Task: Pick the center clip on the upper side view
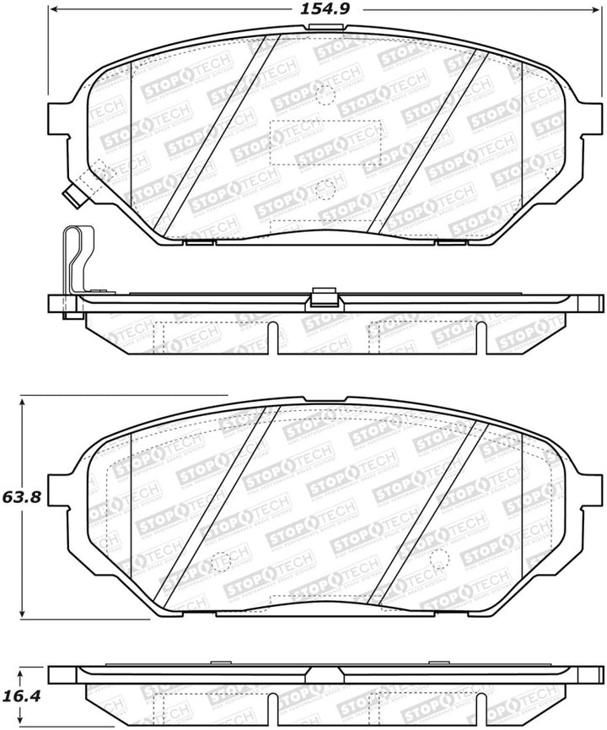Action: coord(323,299)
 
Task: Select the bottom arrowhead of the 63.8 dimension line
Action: coord(24,615)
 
